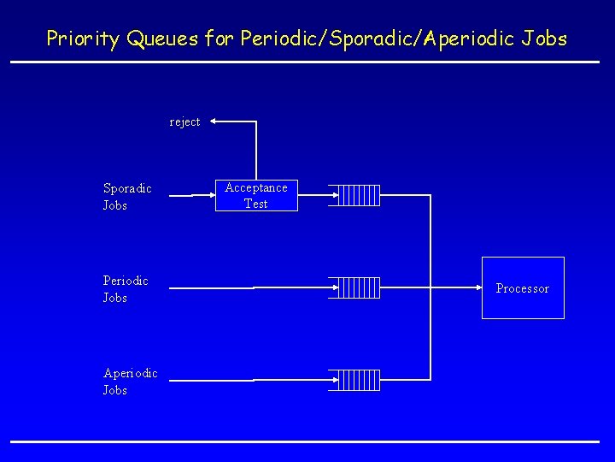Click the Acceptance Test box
256,195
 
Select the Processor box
523,287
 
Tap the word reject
184,121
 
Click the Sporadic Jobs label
127,197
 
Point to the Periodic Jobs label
126,289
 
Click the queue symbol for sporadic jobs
355,195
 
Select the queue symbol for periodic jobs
355,287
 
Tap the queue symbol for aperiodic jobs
355,380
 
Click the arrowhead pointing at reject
214,121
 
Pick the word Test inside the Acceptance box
256,204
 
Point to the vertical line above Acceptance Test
256,150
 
